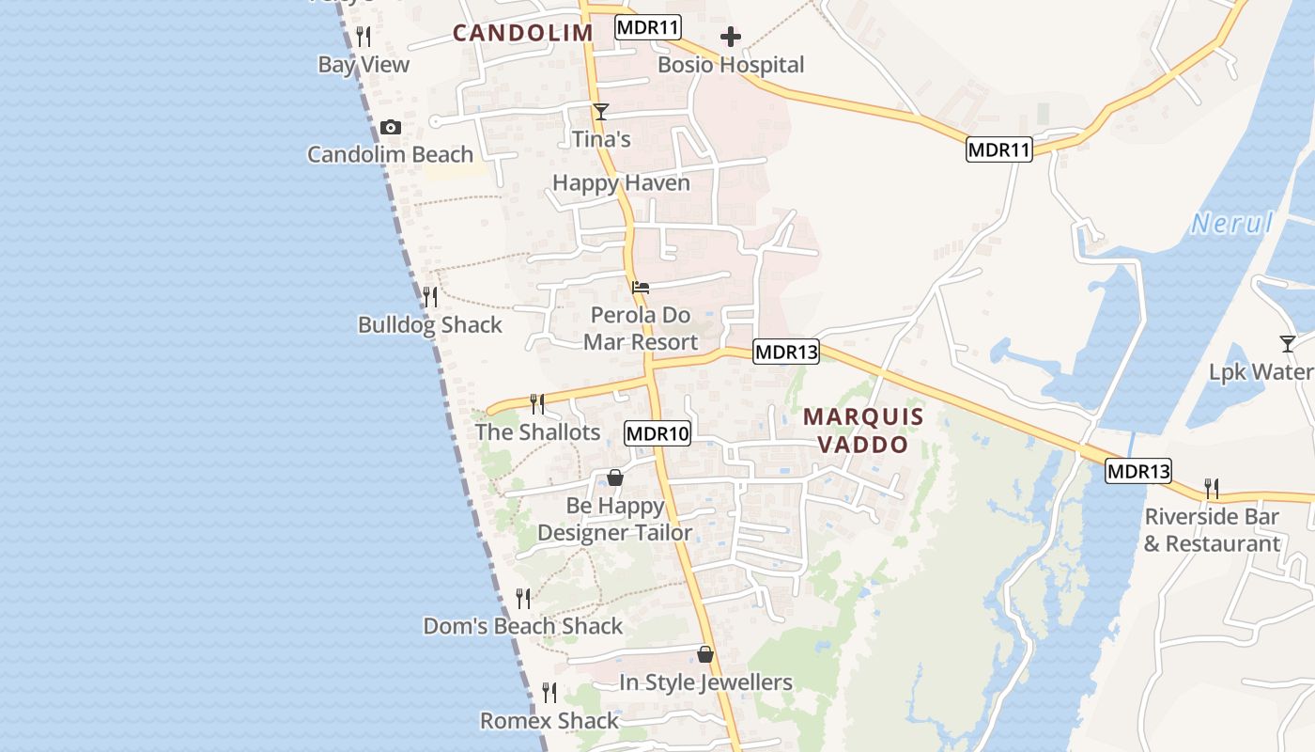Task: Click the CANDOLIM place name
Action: point(522,33)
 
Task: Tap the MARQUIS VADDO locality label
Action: point(863,430)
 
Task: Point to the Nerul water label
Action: point(1231,224)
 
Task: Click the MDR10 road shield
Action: point(657,433)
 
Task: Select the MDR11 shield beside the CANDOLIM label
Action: point(648,27)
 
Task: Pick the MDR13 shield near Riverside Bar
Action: point(1138,471)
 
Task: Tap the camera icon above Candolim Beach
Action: point(391,128)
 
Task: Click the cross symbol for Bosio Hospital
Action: point(731,38)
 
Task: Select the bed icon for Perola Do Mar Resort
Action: point(641,287)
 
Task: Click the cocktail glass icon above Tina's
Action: point(601,112)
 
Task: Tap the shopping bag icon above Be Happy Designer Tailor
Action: point(615,478)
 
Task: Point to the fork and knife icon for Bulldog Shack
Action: point(430,297)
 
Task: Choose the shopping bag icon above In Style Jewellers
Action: point(705,654)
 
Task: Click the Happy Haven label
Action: point(621,183)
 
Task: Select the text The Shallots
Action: point(537,432)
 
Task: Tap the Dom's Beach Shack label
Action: point(523,626)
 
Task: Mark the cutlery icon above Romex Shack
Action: point(549,693)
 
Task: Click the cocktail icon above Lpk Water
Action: point(1288,344)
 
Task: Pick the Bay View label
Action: point(364,65)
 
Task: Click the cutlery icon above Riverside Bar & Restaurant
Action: point(1212,489)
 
